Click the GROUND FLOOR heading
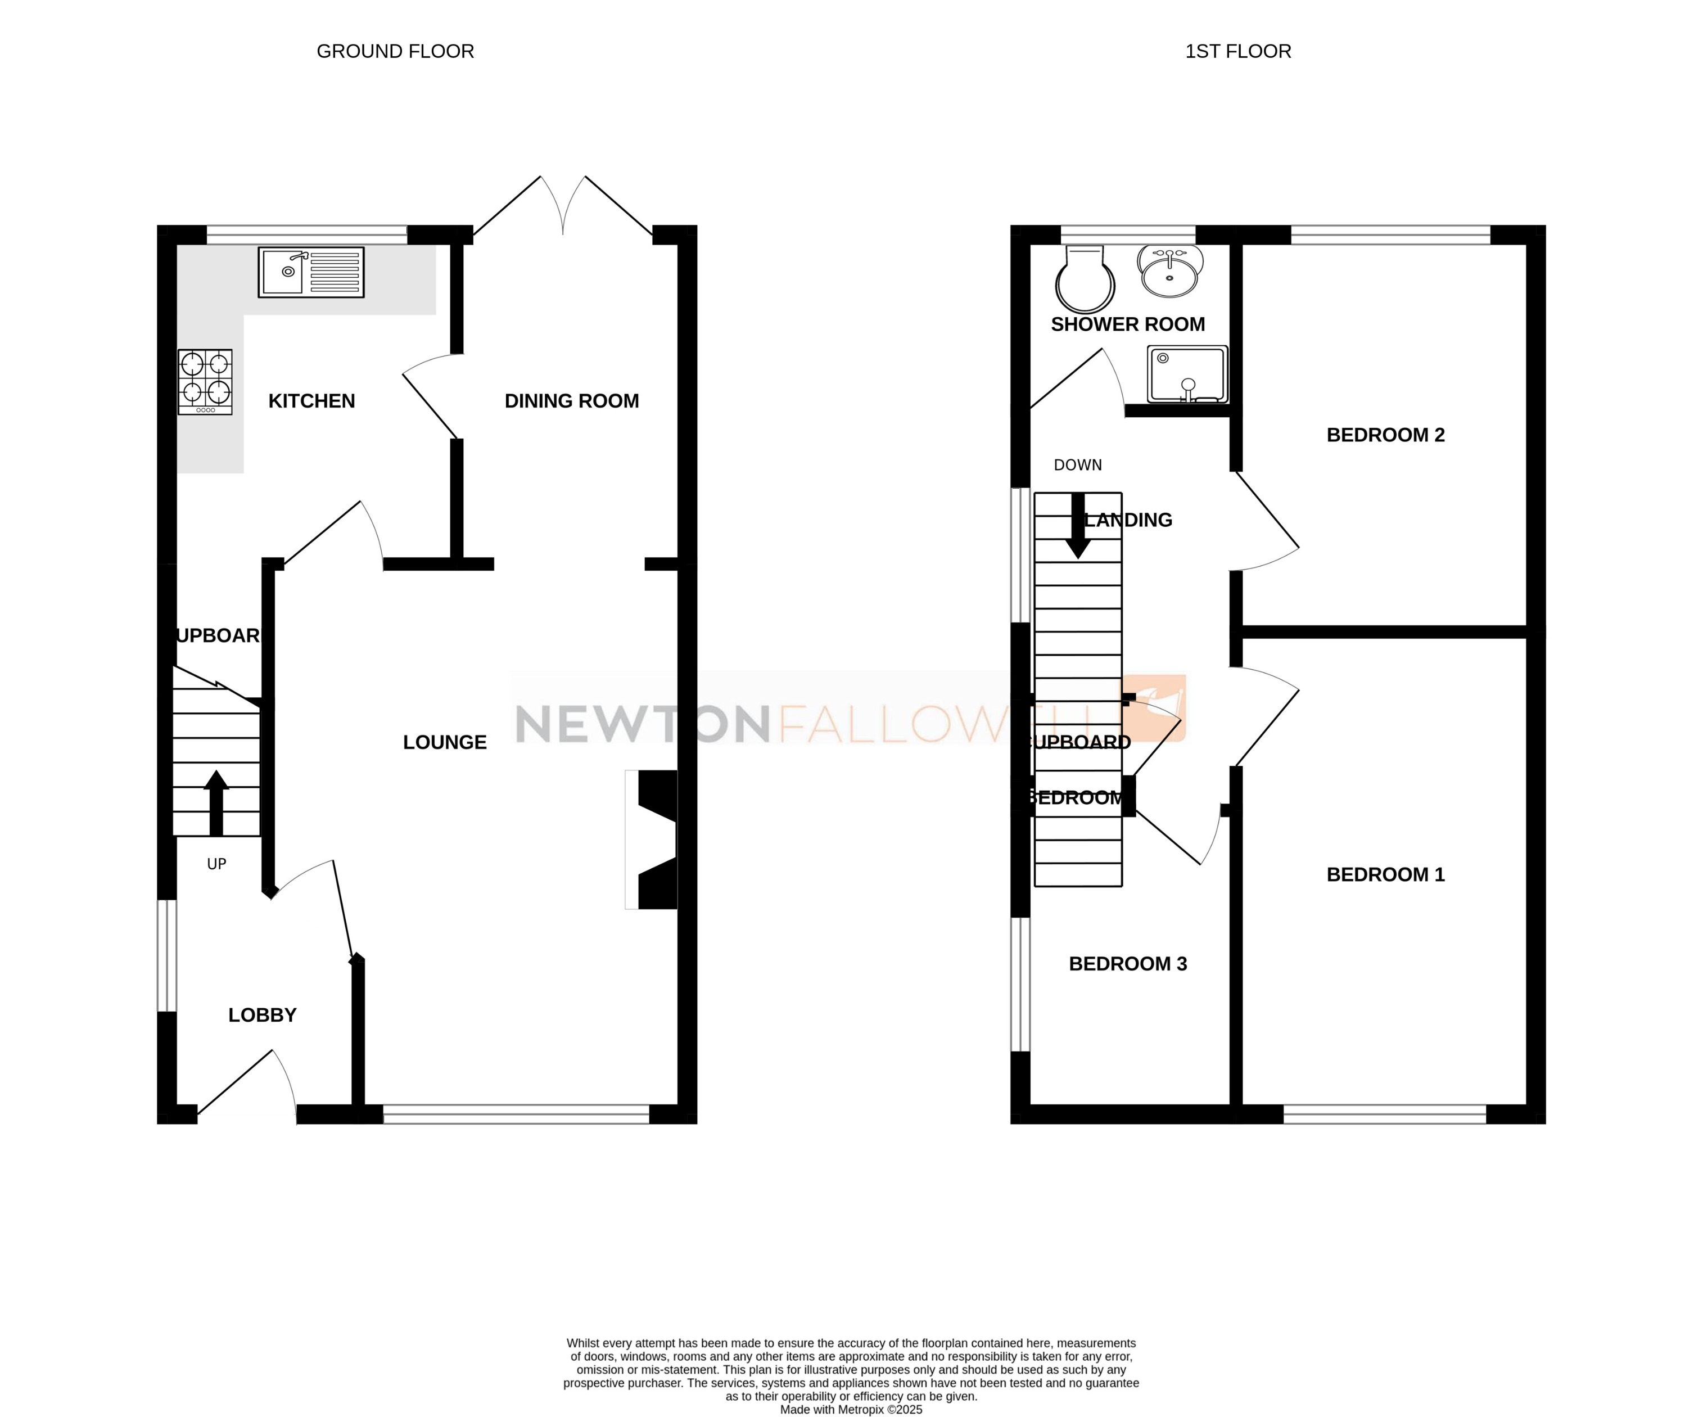tap(395, 51)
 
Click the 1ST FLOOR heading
tap(1237, 51)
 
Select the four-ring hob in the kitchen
tap(205, 381)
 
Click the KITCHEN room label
tap(311, 401)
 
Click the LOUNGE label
tap(444, 742)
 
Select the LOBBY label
tap(262, 1015)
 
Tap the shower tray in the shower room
tap(1187, 374)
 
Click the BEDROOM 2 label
tap(1385, 435)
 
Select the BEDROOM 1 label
tap(1385, 874)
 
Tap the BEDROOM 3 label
tap(1127, 964)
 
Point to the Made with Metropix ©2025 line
tap(851, 1410)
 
